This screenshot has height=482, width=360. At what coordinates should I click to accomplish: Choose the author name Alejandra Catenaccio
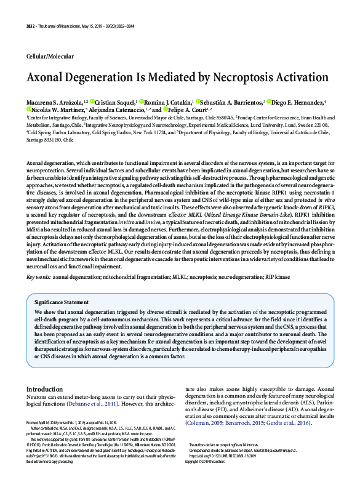point(121,110)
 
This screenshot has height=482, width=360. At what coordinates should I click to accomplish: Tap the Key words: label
point(38,277)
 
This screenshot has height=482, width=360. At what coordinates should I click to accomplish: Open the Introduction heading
point(44,389)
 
